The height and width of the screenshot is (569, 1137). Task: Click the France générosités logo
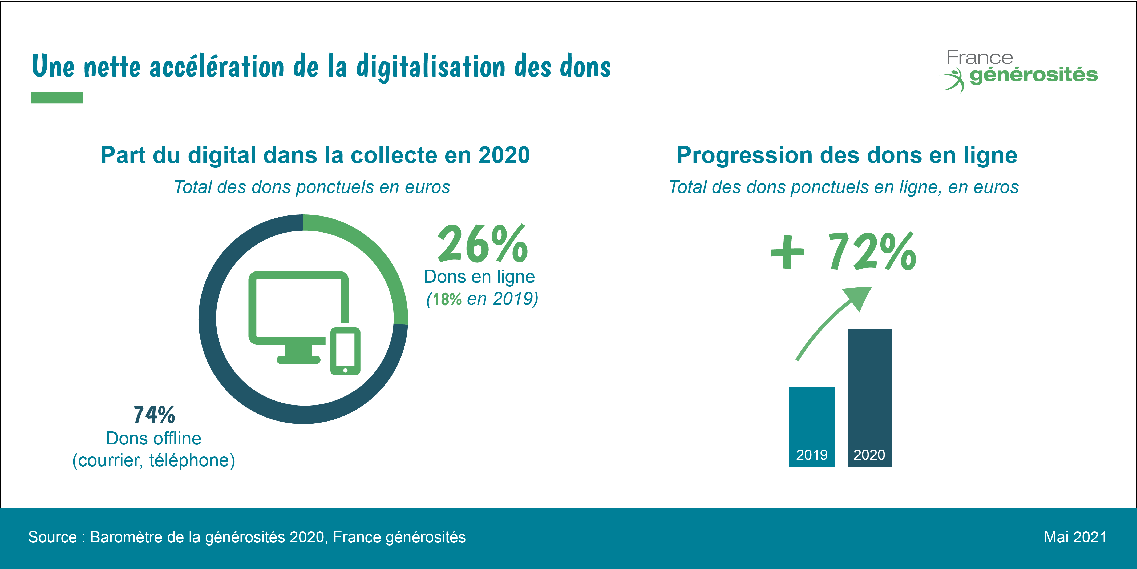1019,71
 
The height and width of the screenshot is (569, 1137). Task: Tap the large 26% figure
482,244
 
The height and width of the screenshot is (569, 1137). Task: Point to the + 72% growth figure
843,252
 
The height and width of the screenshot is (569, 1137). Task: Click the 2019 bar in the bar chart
811,426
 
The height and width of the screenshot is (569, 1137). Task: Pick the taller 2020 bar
869,398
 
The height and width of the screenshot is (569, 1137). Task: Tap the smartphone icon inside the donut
345,351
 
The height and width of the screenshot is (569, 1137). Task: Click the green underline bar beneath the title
56,98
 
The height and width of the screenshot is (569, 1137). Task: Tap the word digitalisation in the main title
430,67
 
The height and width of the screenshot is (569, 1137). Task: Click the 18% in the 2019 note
447,299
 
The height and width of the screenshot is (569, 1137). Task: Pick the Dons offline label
153,439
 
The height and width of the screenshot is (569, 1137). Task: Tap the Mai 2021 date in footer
1075,537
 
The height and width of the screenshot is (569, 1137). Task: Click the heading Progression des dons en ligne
847,155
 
